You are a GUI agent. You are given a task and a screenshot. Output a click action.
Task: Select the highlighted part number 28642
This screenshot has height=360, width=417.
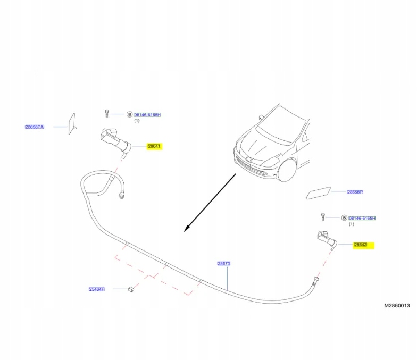361,245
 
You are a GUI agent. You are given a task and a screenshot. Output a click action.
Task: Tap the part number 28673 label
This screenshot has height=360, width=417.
224,263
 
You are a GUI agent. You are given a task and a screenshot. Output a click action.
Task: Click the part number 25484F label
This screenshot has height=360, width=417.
96,289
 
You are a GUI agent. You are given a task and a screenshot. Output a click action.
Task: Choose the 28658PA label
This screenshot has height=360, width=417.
34,127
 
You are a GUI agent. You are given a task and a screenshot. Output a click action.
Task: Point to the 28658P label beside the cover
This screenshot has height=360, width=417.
355,192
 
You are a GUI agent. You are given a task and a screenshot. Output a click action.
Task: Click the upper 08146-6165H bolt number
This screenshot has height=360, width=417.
147,114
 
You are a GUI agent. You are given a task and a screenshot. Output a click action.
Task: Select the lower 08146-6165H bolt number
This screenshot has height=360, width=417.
362,218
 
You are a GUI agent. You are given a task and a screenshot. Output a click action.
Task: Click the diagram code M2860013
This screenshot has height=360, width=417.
397,306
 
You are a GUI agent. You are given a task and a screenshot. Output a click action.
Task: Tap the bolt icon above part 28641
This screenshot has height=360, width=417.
107,113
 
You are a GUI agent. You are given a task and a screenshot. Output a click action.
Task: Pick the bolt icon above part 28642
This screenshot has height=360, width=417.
322,216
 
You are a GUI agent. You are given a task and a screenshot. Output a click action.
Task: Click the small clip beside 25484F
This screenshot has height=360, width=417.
129,289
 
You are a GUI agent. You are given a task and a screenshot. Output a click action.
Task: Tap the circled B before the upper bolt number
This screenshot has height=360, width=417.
129,114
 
